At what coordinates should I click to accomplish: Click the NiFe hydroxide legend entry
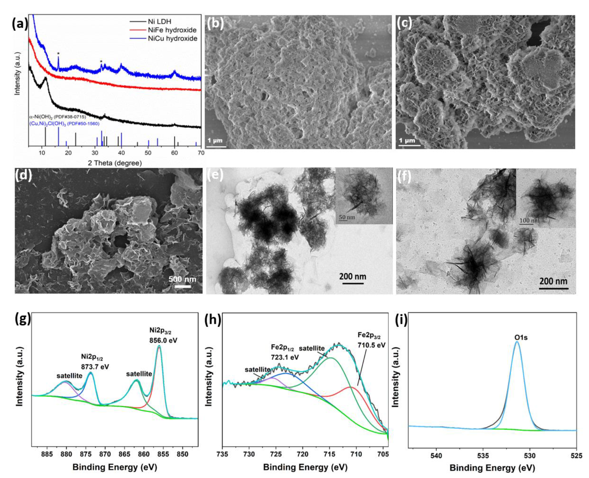(172, 30)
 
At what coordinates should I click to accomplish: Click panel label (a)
(20, 24)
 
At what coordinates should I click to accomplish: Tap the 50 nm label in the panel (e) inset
(347, 217)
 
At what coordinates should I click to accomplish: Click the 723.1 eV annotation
(285, 357)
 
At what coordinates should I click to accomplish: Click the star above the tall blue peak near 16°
(58, 53)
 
